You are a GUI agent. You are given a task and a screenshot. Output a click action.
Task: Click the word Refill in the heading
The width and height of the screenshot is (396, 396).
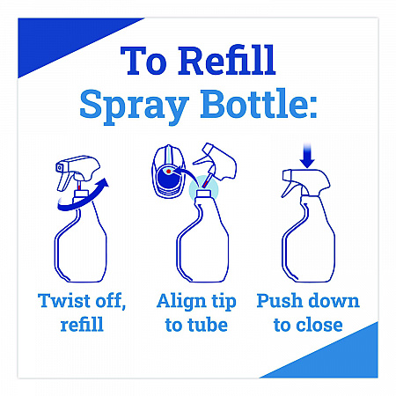226,60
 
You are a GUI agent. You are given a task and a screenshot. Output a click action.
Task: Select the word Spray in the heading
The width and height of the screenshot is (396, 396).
134,106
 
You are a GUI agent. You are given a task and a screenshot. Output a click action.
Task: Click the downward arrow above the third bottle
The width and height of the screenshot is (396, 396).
307,156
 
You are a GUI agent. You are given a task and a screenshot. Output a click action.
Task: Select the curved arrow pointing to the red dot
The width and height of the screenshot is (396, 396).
184,173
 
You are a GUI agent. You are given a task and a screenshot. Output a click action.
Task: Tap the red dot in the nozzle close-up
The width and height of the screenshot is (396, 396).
168,171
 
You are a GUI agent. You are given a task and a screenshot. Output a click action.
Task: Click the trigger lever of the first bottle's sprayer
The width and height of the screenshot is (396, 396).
63,180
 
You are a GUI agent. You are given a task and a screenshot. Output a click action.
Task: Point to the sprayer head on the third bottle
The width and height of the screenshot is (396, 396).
305,182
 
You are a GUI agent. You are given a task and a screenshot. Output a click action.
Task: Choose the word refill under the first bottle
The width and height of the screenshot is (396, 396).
82,324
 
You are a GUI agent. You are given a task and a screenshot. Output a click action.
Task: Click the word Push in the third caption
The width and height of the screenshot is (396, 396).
279,301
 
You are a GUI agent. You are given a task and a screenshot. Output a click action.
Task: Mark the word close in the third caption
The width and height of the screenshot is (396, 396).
319,325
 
